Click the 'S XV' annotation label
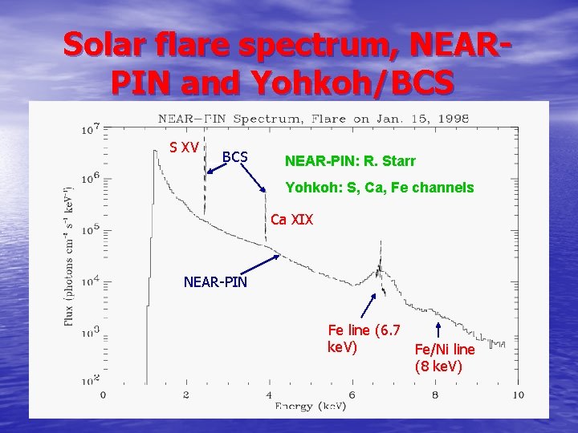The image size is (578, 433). (184, 148)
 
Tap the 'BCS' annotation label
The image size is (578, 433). (234, 156)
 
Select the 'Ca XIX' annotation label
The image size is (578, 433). (292, 219)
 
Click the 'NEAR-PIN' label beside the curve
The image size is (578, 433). (215, 282)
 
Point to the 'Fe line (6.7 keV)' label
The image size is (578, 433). (364, 338)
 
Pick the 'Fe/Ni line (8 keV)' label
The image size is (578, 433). (445, 358)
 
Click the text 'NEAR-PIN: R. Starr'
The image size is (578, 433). (350, 161)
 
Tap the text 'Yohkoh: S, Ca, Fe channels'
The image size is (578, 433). (380, 188)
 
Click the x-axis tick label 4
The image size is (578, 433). (269, 395)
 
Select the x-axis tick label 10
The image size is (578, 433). (518, 395)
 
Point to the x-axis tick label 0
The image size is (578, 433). (103, 395)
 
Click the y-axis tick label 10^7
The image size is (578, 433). (90, 128)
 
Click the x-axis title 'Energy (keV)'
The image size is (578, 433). (310, 407)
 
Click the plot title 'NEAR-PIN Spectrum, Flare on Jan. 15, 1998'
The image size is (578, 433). (313, 119)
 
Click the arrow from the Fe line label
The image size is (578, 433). (368, 307)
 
